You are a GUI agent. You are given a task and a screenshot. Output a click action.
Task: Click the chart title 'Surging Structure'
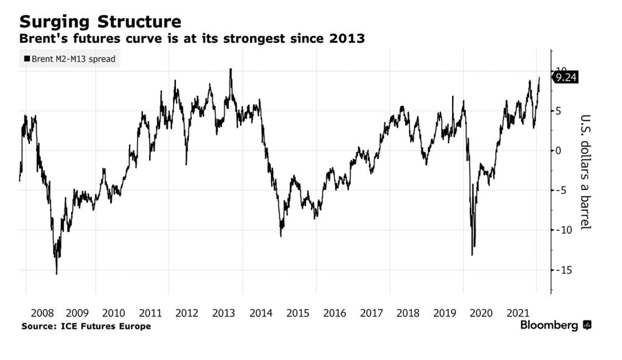pos(100,22)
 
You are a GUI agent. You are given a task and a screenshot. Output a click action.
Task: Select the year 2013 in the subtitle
pos(348,39)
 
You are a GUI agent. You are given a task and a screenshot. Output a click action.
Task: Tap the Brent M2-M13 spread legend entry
pos(69,60)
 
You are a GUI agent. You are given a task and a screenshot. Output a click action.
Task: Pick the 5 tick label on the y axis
pos(558,111)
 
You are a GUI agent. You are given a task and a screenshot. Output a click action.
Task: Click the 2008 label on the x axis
pos(40,313)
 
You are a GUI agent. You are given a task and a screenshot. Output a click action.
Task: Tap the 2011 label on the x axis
pos(150,313)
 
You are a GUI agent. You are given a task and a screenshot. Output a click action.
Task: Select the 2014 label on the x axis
pos(261,313)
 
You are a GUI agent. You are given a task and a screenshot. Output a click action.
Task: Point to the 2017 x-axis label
pos(371,313)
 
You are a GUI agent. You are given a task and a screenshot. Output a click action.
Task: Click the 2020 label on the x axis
pos(482,313)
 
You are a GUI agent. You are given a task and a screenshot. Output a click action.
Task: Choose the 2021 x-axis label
pos(519,313)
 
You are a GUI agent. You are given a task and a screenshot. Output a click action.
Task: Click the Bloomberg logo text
pos(549,326)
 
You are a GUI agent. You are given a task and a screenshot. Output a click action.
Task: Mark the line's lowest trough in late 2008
pos(57,274)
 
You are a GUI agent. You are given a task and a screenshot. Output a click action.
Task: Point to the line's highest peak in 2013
pos(230,69)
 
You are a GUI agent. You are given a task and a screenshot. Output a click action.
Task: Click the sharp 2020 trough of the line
pos(472,255)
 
